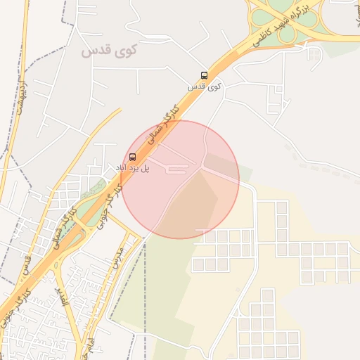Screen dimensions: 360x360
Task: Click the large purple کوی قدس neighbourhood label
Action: pyautogui.click(x=110, y=51)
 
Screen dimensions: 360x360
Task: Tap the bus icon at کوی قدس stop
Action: pyautogui.click(x=204, y=75)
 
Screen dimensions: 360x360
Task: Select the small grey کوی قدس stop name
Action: pyautogui.click(x=205, y=86)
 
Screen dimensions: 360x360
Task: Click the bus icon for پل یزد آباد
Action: pyautogui.click(x=133, y=157)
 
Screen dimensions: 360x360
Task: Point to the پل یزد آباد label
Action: pyautogui.click(x=134, y=167)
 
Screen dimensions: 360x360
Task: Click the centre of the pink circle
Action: pyautogui.click(x=181, y=179)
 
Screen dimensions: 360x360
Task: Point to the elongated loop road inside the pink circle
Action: pyautogui.click(x=176, y=168)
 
